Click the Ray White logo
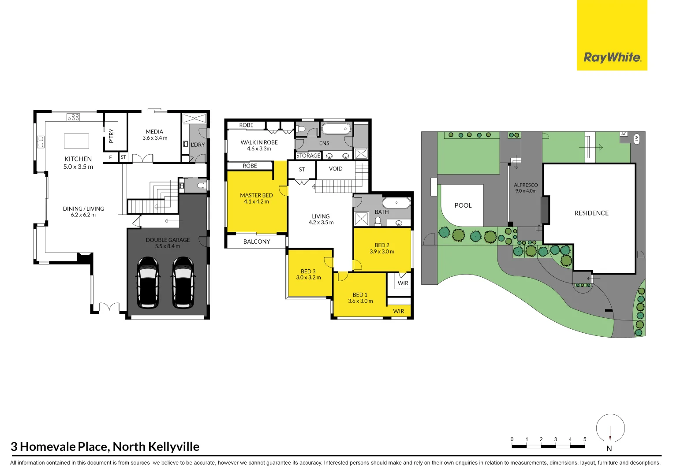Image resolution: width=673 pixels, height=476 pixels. (x=612, y=57)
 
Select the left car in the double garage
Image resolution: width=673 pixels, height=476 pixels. (x=148, y=283)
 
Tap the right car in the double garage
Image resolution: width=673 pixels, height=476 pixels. (x=183, y=283)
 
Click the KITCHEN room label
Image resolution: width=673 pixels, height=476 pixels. (x=78, y=159)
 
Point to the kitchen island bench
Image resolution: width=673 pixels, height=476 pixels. (x=76, y=141)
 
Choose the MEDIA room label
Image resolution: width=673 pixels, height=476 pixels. (x=154, y=132)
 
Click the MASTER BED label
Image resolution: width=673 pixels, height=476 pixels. (x=256, y=195)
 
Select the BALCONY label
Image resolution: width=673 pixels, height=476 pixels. (x=257, y=242)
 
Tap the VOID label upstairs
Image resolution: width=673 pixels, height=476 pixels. (x=336, y=169)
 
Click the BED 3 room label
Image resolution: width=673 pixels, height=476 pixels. (x=308, y=271)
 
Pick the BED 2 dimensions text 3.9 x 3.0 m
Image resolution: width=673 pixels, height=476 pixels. (x=382, y=252)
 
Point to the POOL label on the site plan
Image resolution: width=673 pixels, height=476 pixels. (x=463, y=205)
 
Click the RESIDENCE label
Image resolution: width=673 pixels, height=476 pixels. (x=591, y=213)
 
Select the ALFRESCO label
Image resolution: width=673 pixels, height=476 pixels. (x=526, y=185)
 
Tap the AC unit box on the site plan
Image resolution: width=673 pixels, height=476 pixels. (x=624, y=134)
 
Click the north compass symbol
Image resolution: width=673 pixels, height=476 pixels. (x=610, y=428)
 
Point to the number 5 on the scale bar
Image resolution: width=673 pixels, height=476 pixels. (x=585, y=439)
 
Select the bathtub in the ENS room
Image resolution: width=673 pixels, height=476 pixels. (x=336, y=129)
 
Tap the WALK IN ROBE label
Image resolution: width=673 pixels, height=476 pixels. (x=259, y=142)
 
